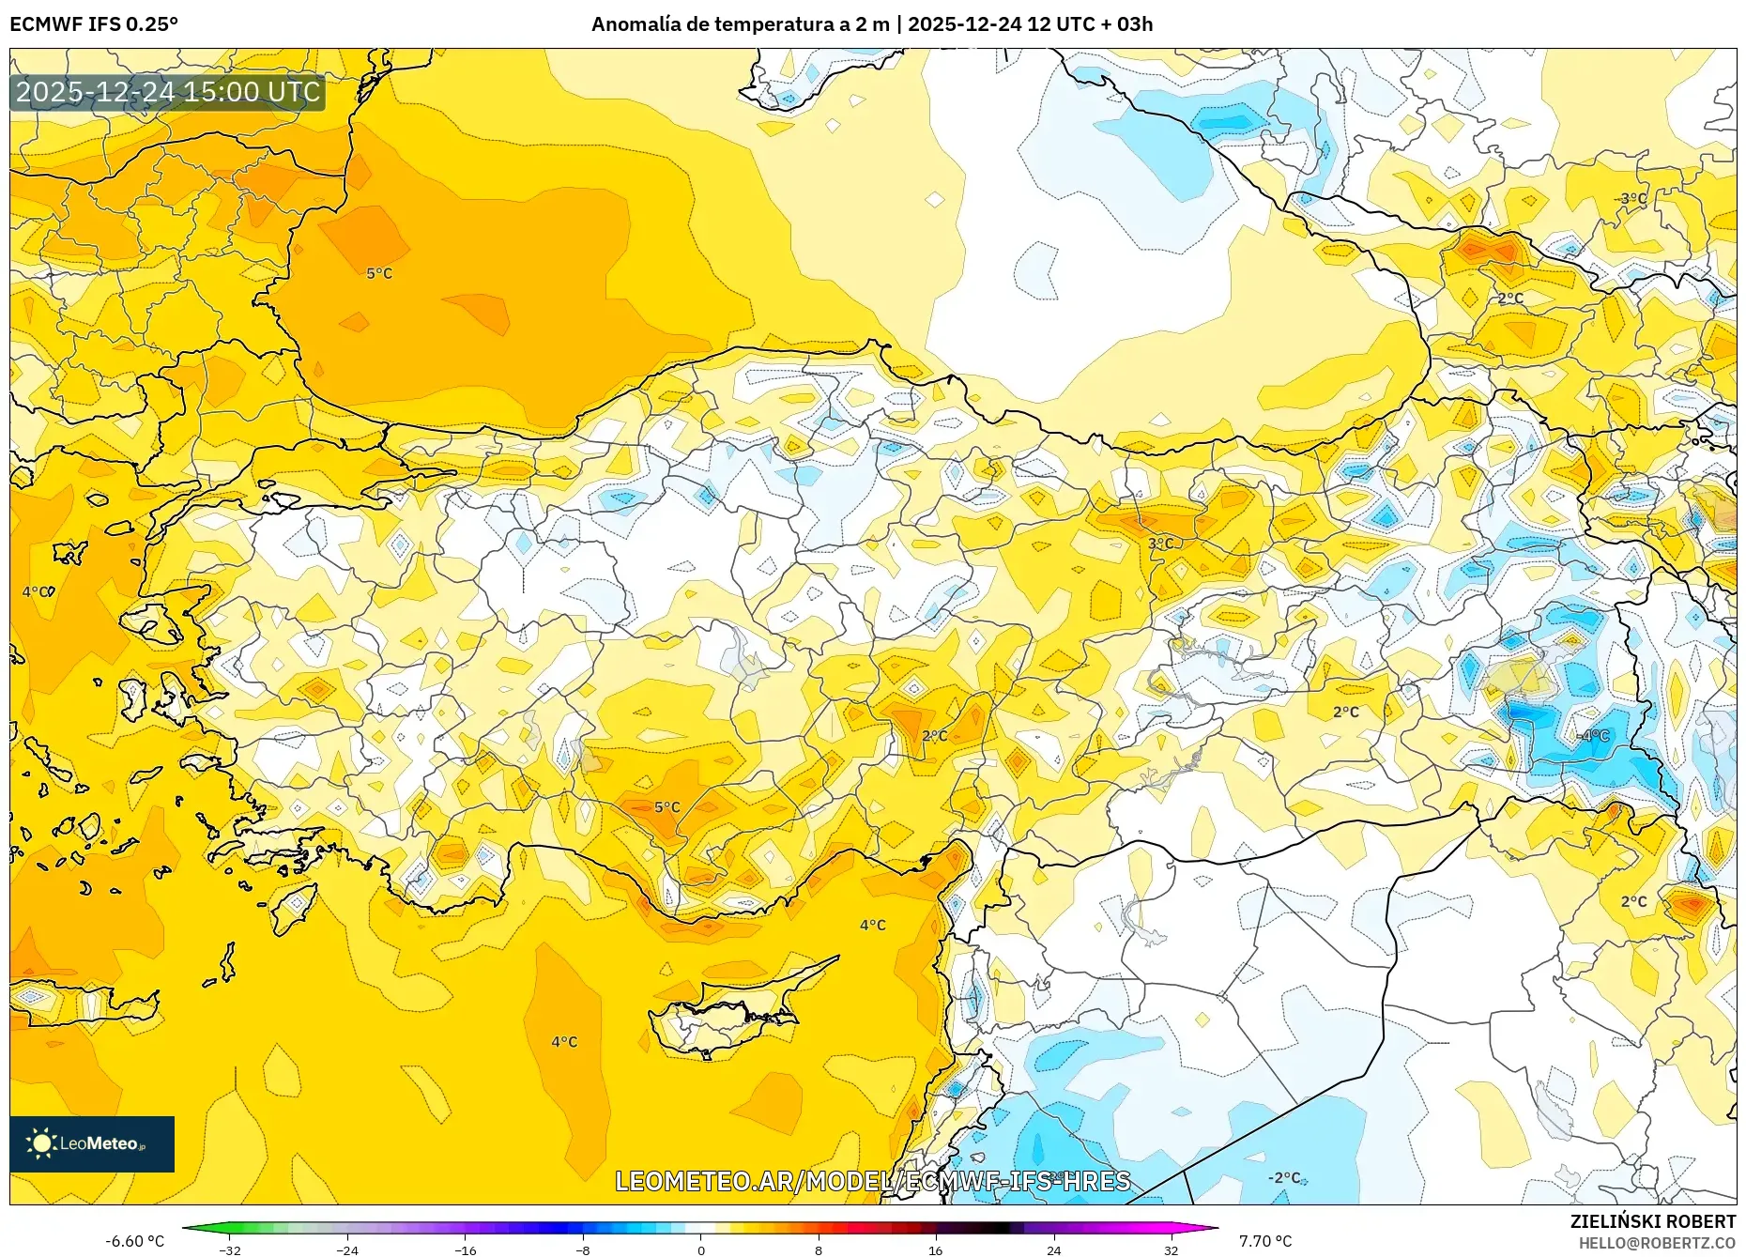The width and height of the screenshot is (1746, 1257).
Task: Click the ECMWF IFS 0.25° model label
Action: point(94,24)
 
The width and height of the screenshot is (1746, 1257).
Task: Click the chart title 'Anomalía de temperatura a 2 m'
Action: point(740,24)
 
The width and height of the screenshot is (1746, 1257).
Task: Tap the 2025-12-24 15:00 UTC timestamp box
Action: point(168,92)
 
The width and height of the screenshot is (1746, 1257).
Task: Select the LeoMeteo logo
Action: point(92,1143)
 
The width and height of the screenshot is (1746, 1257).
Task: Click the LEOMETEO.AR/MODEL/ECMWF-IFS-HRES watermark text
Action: point(872,1181)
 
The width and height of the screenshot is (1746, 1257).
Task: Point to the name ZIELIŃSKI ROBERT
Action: point(1652,1221)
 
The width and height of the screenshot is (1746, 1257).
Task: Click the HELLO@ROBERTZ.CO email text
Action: point(1656,1243)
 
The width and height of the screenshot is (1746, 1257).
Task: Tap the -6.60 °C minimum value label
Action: point(134,1241)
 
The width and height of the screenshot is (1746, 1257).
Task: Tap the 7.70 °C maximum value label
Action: point(1264,1241)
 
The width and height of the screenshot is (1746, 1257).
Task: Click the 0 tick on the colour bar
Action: point(700,1249)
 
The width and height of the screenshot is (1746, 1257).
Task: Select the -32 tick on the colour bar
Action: point(230,1249)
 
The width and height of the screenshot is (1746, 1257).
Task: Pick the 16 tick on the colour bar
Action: point(935,1249)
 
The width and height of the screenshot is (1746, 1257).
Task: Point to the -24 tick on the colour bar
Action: point(347,1249)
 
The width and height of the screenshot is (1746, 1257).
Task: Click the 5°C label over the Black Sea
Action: point(379,273)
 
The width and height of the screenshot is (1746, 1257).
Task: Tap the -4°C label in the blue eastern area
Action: point(1593,736)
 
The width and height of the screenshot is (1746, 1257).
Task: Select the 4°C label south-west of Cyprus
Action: point(564,1042)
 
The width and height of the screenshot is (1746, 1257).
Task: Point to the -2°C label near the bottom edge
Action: point(1284,1177)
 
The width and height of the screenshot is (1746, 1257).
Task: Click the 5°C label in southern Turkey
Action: point(666,807)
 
